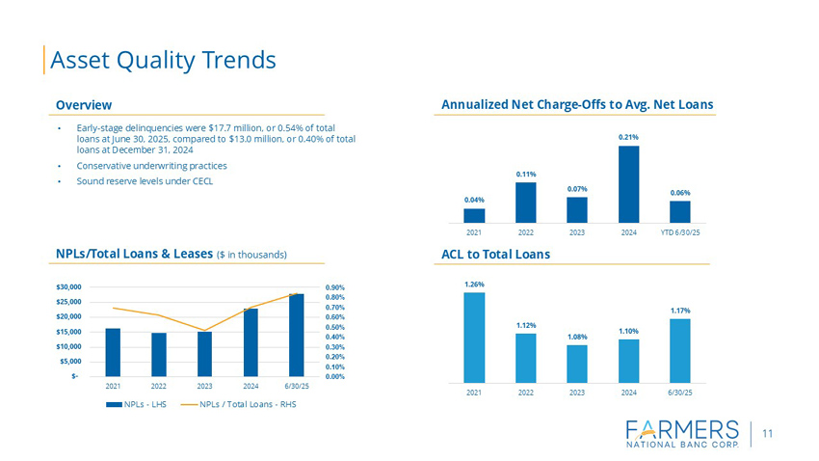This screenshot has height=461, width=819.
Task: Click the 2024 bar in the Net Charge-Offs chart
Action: tap(628, 183)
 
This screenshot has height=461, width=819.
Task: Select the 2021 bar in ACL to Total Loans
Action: tap(474, 338)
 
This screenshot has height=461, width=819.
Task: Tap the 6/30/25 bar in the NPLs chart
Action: tap(296, 335)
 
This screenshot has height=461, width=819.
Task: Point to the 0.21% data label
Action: tap(628, 137)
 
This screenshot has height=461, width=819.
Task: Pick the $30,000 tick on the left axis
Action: tap(68, 287)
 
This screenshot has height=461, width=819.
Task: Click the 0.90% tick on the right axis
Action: tap(336, 287)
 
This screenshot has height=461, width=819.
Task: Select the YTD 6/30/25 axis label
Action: tap(679, 232)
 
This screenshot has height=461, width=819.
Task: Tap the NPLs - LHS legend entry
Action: tap(141, 403)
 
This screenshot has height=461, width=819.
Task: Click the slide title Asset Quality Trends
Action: tap(163, 60)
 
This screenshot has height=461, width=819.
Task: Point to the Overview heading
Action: tap(84, 104)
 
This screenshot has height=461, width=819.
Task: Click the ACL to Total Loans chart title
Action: tap(495, 254)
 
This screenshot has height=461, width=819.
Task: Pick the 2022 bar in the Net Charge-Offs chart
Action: tap(525, 202)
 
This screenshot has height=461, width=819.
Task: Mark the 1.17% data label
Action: tap(679, 310)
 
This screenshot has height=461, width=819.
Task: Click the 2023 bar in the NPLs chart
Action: tap(204, 354)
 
